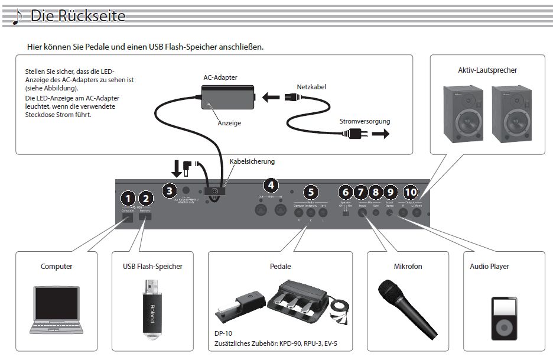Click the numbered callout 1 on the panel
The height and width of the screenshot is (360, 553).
click(126, 199)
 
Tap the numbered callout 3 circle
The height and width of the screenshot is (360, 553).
click(170, 190)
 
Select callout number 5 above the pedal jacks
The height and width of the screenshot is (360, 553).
click(311, 192)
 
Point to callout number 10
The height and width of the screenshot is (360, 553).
click(411, 192)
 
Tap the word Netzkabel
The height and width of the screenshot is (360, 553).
click(311, 87)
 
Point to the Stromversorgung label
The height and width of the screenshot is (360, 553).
click(365, 121)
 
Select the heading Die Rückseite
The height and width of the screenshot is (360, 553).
click(78, 16)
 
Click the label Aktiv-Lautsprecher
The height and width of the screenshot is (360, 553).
click(487, 70)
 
